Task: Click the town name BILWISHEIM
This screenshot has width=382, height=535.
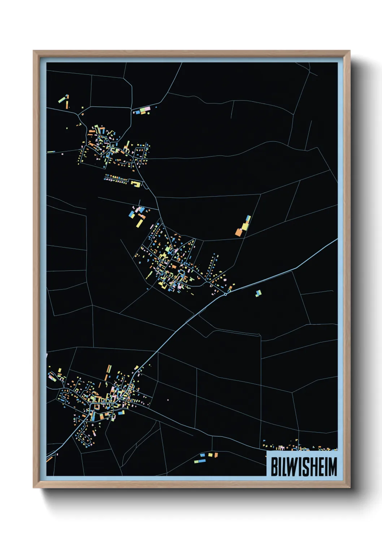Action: [x=304, y=467]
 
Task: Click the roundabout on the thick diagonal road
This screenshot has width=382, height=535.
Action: [x=225, y=294]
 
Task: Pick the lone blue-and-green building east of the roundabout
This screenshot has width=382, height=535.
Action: [x=258, y=293]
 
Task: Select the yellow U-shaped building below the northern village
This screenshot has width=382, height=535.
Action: [x=136, y=184]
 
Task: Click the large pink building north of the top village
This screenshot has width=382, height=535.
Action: [x=147, y=108]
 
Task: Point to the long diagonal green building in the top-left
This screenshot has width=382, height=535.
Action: [x=62, y=99]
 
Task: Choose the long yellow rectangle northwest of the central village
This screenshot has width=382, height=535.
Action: [x=139, y=223]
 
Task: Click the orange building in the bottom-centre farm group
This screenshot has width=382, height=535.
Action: [x=216, y=455]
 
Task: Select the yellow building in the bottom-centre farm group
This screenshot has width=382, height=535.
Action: [x=210, y=455]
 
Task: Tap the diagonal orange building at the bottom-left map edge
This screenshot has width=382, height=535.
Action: [x=49, y=459]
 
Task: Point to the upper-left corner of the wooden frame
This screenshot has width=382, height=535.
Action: [x=34, y=51]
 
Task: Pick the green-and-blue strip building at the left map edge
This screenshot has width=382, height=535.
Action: [x=51, y=152]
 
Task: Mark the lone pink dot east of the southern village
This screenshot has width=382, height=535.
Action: [x=168, y=400]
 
